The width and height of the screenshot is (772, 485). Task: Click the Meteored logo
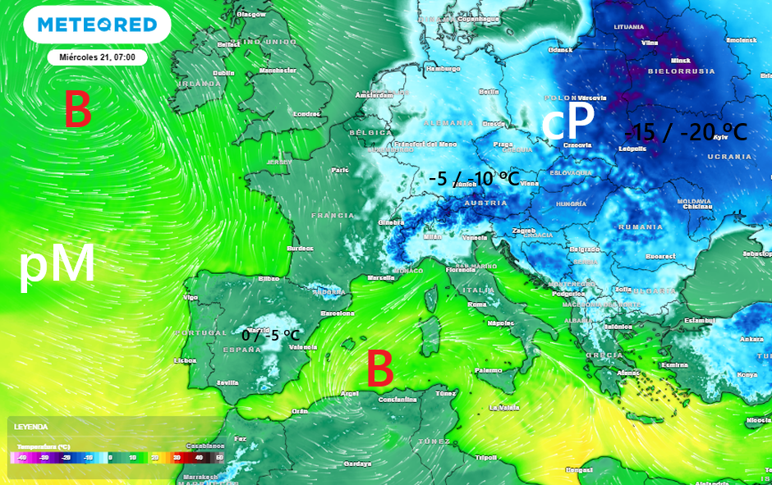(x=97, y=25)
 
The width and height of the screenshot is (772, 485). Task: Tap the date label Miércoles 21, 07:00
(x=98, y=57)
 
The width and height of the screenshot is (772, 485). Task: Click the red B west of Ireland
(x=77, y=110)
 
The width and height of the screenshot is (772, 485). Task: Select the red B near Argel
(x=379, y=368)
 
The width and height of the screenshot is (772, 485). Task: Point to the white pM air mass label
(x=57, y=266)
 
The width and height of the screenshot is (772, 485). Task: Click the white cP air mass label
(x=568, y=123)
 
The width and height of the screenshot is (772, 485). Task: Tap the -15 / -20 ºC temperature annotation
(x=686, y=131)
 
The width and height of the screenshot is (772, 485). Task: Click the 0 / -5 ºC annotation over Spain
(x=270, y=335)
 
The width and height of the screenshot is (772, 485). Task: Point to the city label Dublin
(x=224, y=72)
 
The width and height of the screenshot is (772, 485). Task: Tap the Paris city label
(x=340, y=170)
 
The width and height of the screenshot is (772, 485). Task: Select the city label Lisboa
(x=185, y=360)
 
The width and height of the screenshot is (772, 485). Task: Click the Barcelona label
(x=337, y=313)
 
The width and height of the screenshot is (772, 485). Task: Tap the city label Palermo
(x=488, y=370)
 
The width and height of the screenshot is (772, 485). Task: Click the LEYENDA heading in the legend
(x=30, y=427)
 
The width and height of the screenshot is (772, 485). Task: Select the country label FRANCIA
(x=333, y=215)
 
